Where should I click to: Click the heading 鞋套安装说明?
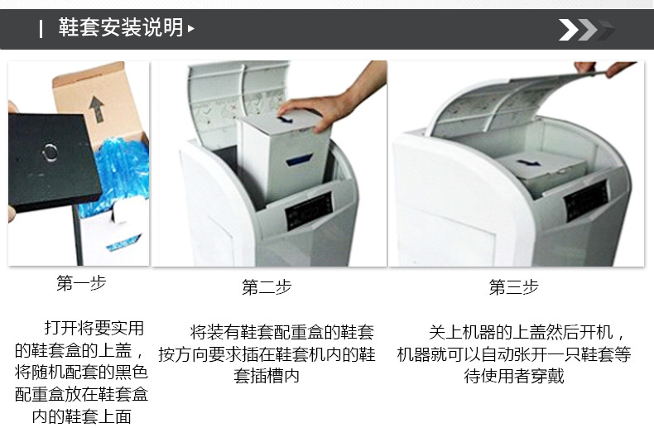coord(121,27)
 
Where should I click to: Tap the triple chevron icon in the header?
coord(586,30)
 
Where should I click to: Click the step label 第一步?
coord(81,283)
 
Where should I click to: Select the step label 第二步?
coord(267,287)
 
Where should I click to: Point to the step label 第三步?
coord(513,287)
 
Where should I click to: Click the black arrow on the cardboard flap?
coord(97,109)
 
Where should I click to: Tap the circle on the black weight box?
coord(50,152)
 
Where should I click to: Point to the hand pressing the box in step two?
coord(329,104)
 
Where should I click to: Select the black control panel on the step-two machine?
coord(309,209)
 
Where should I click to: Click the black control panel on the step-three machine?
coord(586,200)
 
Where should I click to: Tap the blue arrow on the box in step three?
coord(528,163)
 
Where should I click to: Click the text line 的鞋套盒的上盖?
coord(79,350)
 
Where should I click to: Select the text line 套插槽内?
coord(267,376)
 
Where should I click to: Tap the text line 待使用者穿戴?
coord(514,376)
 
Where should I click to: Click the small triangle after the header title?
coord(191,29)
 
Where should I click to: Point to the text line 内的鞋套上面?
coord(81,416)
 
